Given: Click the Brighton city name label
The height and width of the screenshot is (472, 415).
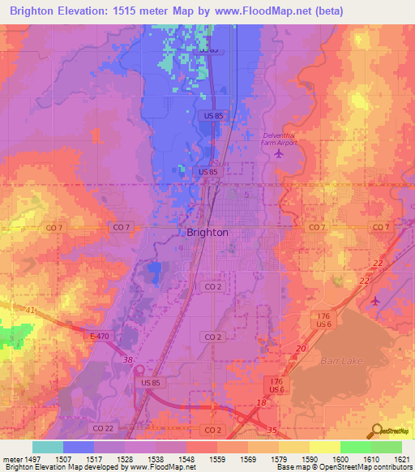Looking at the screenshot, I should [207, 232].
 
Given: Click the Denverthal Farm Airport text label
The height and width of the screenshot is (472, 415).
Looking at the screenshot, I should [280, 139].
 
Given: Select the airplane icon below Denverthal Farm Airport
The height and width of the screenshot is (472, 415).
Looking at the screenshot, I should [280, 152].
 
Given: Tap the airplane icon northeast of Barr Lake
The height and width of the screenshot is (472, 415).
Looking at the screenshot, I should [374, 302].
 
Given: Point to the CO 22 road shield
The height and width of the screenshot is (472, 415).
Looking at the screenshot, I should [120, 428].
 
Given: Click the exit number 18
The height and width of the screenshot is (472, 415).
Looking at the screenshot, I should [260, 402].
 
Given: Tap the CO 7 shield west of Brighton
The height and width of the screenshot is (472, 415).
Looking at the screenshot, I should [119, 227].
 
